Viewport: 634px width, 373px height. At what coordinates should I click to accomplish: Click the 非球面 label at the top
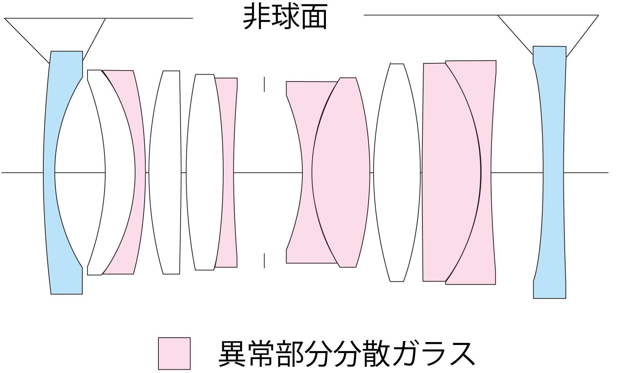click(285, 17)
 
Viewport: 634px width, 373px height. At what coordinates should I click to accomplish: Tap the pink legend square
click(174, 353)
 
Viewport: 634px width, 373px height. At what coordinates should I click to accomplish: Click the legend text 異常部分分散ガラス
click(347, 353)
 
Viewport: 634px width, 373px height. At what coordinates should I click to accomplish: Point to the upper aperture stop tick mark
click(264, 84)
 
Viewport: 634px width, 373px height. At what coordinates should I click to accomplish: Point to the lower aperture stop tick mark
click(264, 261)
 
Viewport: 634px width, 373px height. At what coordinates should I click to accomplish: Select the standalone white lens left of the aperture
click(165, 172)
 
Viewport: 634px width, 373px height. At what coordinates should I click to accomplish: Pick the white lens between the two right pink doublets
click(397, 172)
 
